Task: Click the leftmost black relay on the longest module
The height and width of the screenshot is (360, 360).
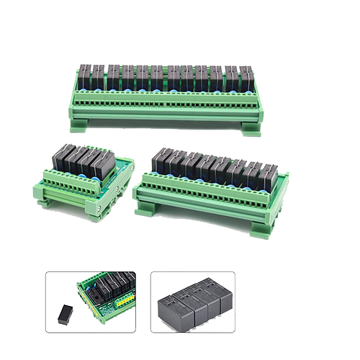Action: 85,74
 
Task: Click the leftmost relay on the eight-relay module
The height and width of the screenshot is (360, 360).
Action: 163,160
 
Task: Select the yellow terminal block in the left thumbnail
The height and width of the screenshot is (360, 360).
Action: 125,299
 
